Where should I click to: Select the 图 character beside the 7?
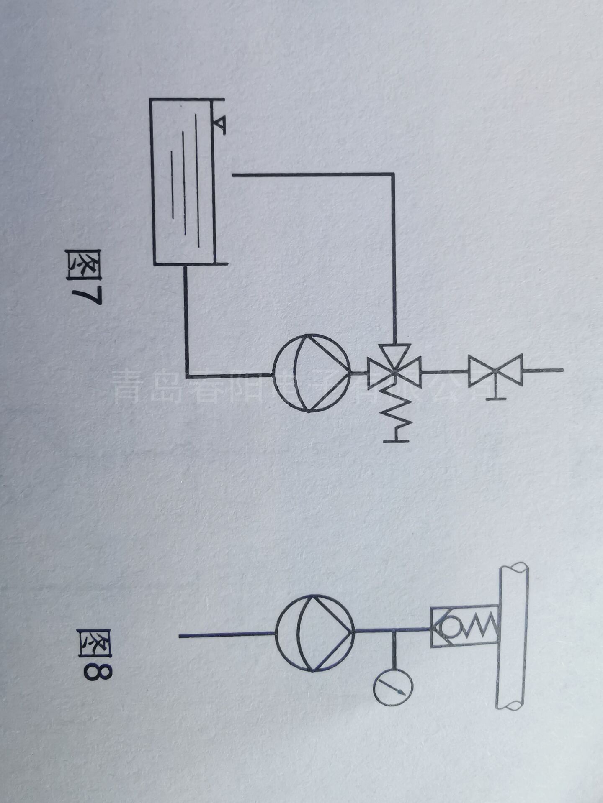[x=84, y=266]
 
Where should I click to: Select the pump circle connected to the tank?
[x=312, y=373]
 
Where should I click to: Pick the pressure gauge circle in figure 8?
[x=393, y=688]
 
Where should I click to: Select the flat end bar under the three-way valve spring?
[x=396, y=440]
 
